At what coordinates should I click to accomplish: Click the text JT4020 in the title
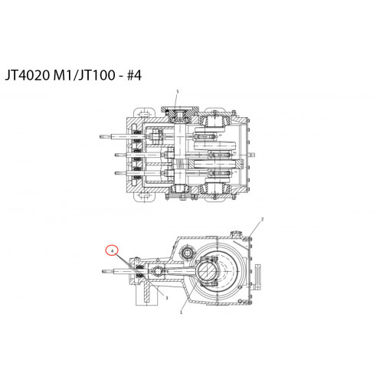click(x=28, y=75)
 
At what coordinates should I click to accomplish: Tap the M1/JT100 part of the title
click(x=84, y=75)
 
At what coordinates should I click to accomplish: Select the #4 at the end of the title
click(x=134, y=75)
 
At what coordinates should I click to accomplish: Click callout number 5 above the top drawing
click(x=178, y=91)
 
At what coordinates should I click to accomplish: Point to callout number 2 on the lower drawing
click(x=262, y=219)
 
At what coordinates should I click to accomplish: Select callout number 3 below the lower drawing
click(x=167, y=298)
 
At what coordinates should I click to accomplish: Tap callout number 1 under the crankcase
click(x=182, y=312)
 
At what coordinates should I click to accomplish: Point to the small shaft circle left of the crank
click(x=188, y=253)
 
